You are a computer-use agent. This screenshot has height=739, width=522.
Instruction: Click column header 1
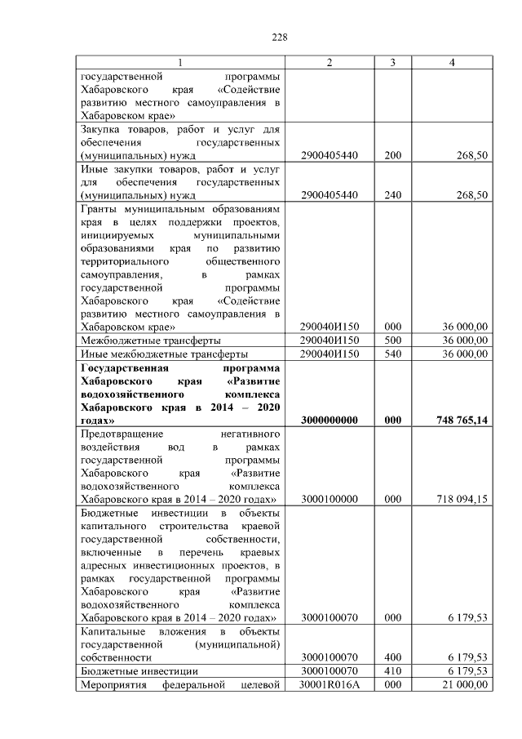[181, 64]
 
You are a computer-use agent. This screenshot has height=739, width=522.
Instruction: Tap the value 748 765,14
[460, 420]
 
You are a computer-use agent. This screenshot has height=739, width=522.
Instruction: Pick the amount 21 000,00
[463, 684]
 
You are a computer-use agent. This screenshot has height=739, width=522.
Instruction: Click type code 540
[393, 354]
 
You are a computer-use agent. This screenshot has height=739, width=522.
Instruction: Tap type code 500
[393, 341]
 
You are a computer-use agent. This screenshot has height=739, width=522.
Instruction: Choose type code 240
[393, 196]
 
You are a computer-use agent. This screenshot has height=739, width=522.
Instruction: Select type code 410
[393, 670]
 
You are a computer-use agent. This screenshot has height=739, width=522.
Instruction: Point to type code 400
[393, 657]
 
